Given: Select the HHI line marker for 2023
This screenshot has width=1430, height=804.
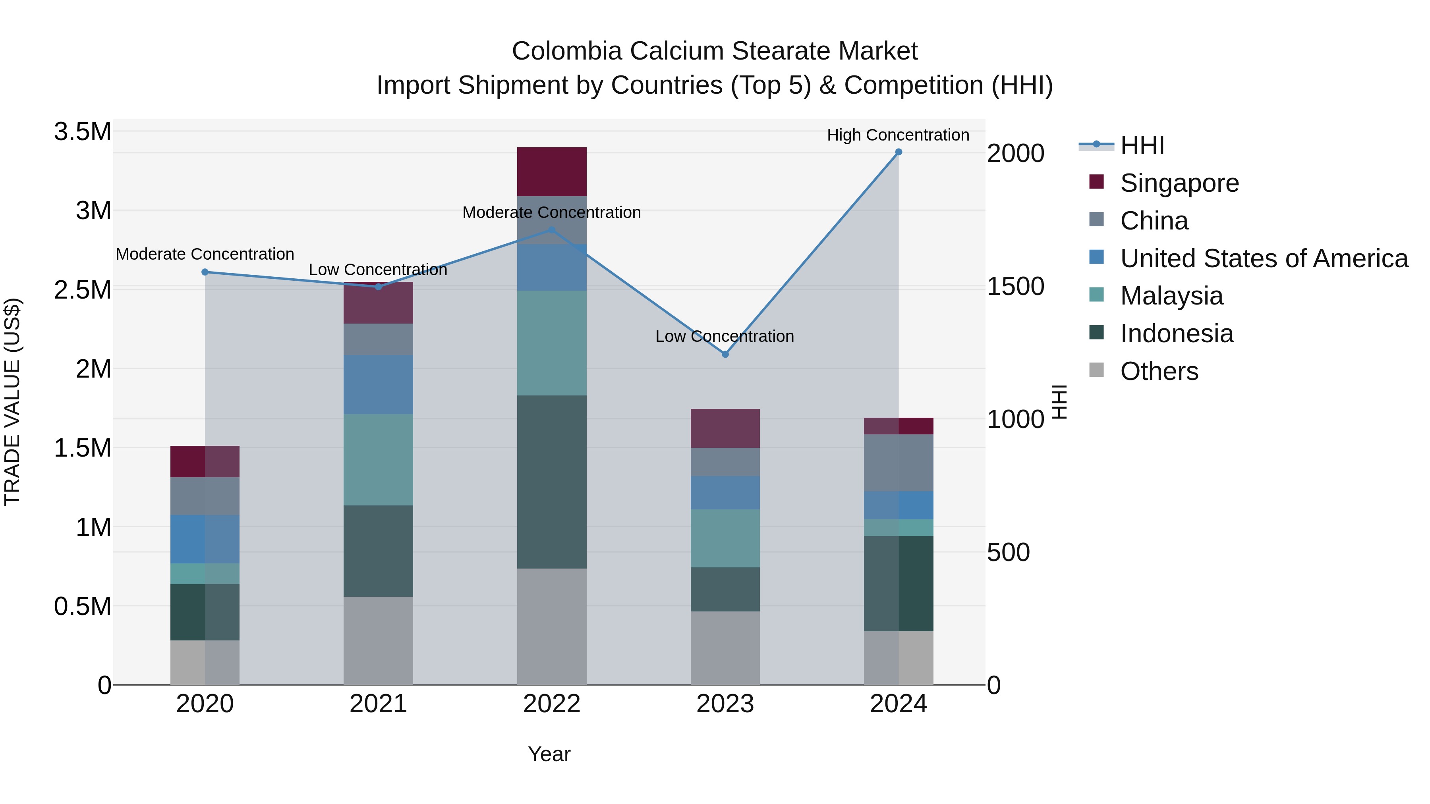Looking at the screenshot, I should click(725, 354).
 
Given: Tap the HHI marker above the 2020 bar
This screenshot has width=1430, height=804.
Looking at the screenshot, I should click(205, 272).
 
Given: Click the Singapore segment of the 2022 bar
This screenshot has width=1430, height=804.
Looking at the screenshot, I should click(551, 172).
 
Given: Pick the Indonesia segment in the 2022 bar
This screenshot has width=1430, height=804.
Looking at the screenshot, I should click(551, 482).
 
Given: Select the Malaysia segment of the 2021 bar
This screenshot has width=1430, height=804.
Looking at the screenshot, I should click(378, 459).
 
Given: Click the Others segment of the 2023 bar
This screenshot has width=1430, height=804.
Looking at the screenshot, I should click(725, 648).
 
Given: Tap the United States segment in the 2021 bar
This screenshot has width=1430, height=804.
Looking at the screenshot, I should click(378, 384).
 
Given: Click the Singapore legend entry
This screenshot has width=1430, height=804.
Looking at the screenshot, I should click(1179, 183).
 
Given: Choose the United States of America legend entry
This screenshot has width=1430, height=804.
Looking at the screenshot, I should click(1264, 258).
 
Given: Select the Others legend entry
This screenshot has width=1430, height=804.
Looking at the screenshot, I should click(1159, 371).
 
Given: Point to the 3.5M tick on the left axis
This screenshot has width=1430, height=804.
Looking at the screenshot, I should click(82, 132).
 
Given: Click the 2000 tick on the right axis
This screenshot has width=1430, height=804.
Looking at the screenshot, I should click(1015, 153).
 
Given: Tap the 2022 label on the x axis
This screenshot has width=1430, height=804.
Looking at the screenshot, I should click(551, 704).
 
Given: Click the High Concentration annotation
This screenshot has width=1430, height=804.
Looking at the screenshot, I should click(898, 135).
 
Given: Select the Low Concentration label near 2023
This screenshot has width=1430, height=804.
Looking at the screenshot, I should click(725, 336).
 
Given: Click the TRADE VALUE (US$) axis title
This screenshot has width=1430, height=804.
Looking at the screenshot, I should click(12, 402).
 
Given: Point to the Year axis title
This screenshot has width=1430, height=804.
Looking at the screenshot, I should click(549, 754).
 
